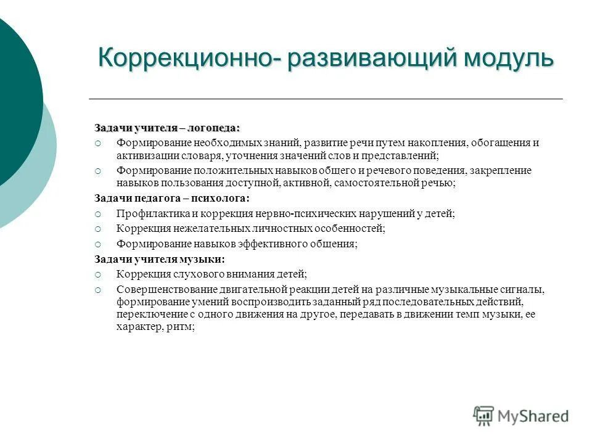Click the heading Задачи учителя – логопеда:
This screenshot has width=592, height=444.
click(167, 128)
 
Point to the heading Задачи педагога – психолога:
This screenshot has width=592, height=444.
click(172, 199)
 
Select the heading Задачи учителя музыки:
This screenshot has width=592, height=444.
click(160, 259)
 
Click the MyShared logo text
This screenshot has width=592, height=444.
click(533, 416)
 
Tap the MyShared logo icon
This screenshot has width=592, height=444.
click(484, 416)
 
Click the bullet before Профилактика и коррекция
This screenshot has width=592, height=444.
click(97, 213)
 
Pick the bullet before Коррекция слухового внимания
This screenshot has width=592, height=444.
click(97, 274)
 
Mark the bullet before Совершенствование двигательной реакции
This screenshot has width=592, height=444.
click(97, 289)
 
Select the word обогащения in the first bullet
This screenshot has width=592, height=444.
click(499, 143)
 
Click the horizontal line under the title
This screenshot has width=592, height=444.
click(326, 99)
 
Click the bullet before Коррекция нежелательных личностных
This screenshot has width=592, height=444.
click(97, 229)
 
